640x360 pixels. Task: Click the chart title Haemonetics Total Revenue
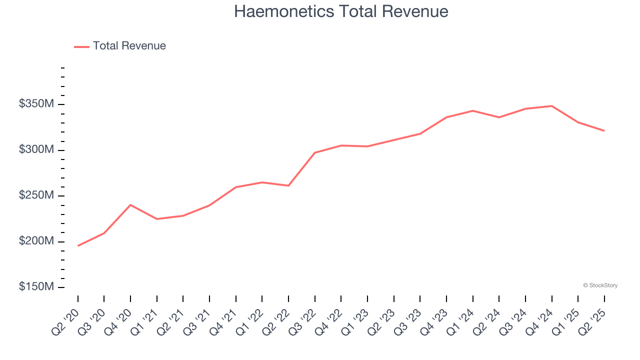[341, 11]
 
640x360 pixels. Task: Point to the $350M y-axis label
[37, 104]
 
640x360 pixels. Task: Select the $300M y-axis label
[37, 150]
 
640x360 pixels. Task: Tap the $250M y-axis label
[37, 195]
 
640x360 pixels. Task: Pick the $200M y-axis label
[37, 241]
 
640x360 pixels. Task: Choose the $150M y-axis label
[37, 287]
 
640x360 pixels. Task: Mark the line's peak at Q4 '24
[551, 106]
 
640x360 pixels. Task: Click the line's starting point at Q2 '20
[78, 246]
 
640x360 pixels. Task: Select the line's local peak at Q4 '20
[130, 205]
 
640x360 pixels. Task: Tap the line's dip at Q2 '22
[288, 186]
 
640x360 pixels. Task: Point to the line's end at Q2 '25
[604, 131]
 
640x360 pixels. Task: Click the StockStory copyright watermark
[600, 285]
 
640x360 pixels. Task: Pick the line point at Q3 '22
[315, 152]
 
